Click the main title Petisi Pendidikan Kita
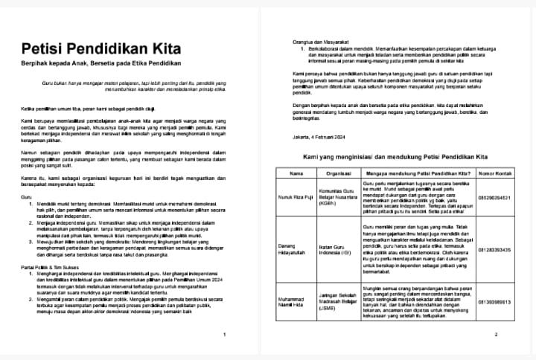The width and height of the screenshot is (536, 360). tap(100, 48)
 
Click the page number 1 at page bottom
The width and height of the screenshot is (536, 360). tap(225, 335)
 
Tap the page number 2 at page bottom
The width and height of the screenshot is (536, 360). tap(495, 335)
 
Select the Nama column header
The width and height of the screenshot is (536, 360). tap(296, 173)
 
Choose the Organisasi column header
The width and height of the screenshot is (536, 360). tap(338, 173)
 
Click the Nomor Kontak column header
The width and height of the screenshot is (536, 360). tap(495, 173)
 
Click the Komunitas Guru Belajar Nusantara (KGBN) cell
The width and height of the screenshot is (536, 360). tap(338, 197)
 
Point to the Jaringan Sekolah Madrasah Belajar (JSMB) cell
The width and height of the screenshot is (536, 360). tap(338, 301)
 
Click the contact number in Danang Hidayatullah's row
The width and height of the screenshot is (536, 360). tap(495, 250)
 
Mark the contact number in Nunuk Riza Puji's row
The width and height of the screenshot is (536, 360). tap(495, 198)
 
